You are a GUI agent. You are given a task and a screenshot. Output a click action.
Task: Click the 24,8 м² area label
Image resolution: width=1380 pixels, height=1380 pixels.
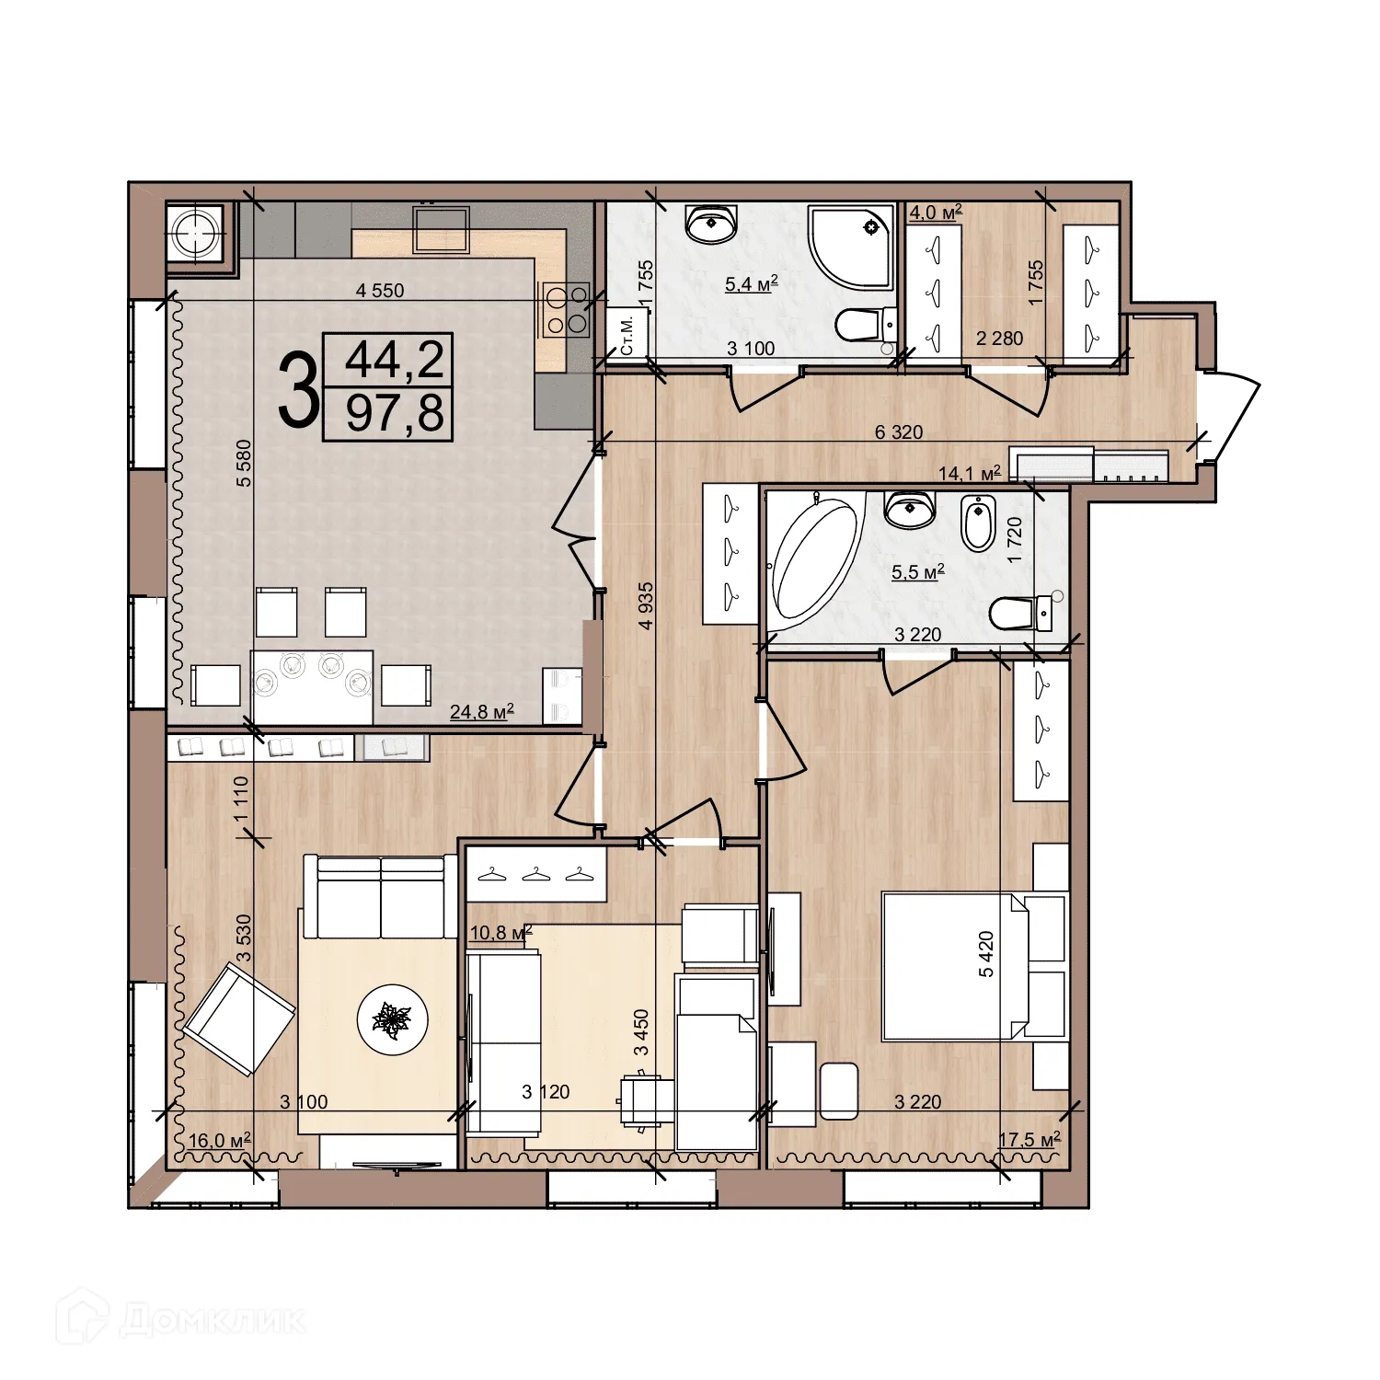[480, 711]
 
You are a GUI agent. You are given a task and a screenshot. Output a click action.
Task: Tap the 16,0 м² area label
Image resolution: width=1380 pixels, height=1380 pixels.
[219, 1141]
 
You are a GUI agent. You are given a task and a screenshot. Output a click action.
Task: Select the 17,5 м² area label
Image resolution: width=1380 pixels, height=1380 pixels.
[1029, 1140]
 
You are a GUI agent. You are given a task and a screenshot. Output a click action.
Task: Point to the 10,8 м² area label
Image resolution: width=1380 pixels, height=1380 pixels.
[500, 933]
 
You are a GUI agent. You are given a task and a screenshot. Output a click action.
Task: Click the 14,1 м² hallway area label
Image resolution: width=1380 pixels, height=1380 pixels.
[969, 474]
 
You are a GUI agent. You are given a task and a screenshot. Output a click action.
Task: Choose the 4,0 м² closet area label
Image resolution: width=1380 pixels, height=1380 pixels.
[935, 213]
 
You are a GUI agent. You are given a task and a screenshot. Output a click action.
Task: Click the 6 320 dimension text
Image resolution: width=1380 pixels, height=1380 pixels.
[898, 432]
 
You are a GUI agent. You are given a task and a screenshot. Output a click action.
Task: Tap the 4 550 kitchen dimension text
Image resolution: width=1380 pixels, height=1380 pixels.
[380, 291]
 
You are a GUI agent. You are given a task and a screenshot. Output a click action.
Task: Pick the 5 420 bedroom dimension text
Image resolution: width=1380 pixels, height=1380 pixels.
[986, 953]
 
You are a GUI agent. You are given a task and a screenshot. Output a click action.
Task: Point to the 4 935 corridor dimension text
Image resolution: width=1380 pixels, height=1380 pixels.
[646, 605]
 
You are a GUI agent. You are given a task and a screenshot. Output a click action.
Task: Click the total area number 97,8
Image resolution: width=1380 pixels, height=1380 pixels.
[395, 414]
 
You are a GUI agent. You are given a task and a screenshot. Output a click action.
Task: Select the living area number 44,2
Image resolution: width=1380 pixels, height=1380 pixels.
[395, 360]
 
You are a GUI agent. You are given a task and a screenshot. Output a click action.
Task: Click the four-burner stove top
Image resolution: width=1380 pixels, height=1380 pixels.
[567, 310]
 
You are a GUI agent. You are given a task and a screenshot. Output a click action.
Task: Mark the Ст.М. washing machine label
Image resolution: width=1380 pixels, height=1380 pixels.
[627, 336]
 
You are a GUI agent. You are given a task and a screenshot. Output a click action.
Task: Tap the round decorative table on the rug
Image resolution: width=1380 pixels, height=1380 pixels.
[393, 1018]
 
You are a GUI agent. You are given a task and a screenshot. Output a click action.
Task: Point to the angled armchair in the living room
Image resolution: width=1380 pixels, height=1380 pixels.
[239, 1018]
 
